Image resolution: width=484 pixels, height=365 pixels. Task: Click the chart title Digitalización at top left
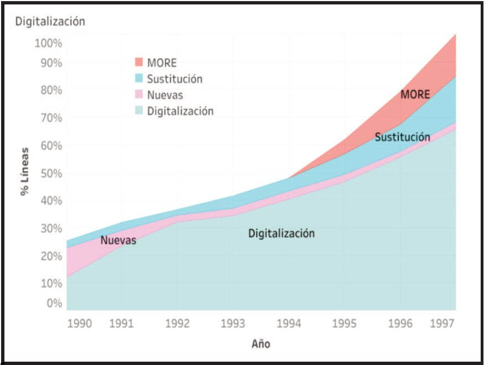[x=50, y=22]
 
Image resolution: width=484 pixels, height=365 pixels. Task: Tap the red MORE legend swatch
[x=139, y=62]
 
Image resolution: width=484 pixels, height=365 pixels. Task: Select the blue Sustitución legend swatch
[x=139, y=78]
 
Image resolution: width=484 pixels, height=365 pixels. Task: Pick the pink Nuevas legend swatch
[x=139, y=94]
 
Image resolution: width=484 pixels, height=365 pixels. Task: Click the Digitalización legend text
[x=180, y=111]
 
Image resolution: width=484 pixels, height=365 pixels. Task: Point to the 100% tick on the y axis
[x=48, y=43]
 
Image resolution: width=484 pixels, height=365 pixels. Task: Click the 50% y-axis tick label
[x=50, y=173]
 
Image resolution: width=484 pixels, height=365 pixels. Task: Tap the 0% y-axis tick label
[x=54, y=303]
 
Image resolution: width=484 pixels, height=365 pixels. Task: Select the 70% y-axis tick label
[x=50, y=117]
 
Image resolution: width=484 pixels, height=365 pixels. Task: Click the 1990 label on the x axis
[x=80, y=323]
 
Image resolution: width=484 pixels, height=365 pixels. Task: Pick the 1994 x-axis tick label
[x=288, y=323]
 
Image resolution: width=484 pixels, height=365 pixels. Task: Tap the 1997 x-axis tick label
[x=444, y=323]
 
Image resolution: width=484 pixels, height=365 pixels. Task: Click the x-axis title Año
[x=261, y=344]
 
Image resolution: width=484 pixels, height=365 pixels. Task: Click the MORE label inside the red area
[x=415, y=95]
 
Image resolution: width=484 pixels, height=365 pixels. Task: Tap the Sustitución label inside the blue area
[x=402, y=137]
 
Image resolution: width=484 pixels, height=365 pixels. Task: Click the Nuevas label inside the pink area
[x=118, y=240]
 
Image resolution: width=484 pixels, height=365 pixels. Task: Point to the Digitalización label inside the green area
[x=281, y=233]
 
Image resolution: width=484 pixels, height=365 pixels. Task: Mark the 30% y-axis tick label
[x=50, y=228]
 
